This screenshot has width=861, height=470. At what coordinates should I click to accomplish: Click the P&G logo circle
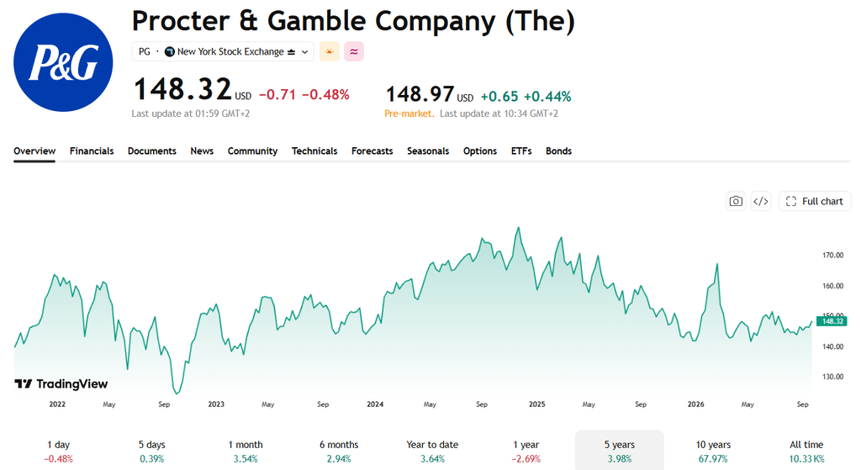63,62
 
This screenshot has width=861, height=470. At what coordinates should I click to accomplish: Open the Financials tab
92,151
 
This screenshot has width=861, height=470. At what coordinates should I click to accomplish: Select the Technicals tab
314,151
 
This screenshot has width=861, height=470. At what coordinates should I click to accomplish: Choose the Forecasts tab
372,151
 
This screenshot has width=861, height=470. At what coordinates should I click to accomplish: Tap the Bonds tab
558,151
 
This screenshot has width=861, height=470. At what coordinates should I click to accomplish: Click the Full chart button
814,202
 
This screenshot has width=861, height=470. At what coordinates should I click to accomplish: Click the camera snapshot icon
736,202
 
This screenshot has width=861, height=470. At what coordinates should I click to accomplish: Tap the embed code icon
760,202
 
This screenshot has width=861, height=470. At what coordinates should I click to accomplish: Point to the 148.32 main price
182,89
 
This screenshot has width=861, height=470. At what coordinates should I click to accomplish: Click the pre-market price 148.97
420,94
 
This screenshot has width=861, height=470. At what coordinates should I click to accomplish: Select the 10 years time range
713,451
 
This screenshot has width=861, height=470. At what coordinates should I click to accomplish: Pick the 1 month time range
246,451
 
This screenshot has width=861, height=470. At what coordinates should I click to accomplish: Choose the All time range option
806,451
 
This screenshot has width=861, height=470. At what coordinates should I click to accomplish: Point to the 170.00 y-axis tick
832,256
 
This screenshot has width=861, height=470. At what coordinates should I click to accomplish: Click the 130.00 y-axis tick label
832,378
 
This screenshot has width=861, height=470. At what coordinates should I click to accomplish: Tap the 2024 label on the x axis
375,404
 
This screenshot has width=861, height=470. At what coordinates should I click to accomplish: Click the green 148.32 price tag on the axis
832,321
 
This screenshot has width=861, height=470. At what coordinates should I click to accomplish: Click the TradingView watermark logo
61,383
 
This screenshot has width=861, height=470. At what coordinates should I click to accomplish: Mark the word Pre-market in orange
409,114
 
